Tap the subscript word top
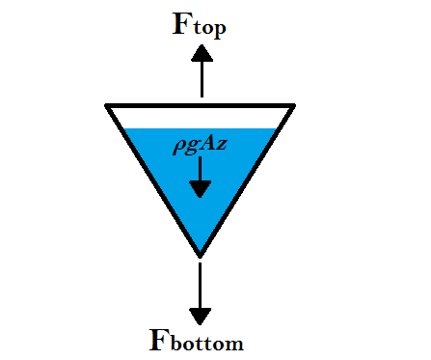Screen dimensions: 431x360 coord(209,29)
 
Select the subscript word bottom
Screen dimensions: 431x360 coord(210,344)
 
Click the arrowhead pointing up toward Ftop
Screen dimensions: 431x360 coord(201,54)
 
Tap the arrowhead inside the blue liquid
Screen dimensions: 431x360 coord(199,187)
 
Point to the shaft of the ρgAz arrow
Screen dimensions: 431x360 coord(199,166)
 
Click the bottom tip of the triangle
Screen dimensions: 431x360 coord(200,255)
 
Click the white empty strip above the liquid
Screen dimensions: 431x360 coord(200,117)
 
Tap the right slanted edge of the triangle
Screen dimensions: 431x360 coord(248,178)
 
